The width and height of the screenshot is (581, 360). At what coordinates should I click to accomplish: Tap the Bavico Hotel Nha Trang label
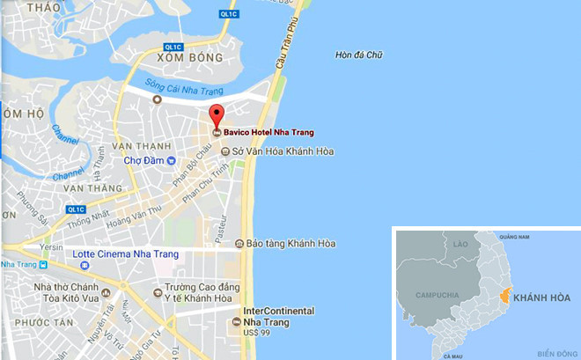click(x=268, y=133)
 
